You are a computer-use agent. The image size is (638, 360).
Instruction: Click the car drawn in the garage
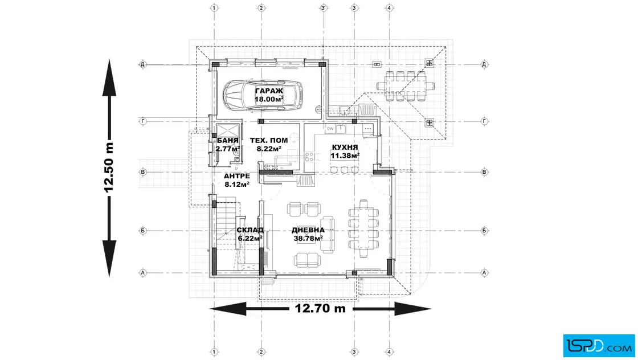[x=263, y=95]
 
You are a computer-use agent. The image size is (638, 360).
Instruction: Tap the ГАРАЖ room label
[x=269, y=91]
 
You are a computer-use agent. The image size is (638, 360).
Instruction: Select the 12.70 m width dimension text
[x=320, y=308]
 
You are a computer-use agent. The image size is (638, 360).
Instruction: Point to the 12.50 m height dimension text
[x=109, y=167]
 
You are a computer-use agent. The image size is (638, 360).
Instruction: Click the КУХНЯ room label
[x=345, y=148]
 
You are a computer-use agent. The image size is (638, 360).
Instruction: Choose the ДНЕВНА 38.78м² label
[x=308, y=234]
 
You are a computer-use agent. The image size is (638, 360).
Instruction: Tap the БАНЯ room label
[x=228, y=140]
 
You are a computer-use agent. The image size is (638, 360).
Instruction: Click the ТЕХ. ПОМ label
[x=269, y=140]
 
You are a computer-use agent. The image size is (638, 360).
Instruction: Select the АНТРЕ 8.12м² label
[x=237, y=180]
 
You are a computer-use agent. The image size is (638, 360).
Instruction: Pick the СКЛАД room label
[x=250, y=230]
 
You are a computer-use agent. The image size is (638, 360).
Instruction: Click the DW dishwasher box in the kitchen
[x=330, y=129]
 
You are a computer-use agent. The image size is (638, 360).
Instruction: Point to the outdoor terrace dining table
[x=405, y=86]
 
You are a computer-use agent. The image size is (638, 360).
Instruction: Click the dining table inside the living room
[x=363, y=228]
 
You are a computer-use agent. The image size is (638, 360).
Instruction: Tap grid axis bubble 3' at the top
[x=324, y=8]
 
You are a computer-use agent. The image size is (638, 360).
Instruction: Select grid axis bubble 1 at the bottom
[x=214, y=352]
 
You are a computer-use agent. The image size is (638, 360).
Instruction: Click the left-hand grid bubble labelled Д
[x=143, y=64]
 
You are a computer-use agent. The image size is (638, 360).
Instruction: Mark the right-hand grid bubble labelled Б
[x=484, y=231]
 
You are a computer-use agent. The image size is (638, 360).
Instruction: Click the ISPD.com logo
[x=599, y=346]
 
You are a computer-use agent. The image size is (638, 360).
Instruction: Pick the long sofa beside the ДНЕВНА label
[x=327, y=235]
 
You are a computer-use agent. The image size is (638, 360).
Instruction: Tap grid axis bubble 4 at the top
[x=390, y=8]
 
